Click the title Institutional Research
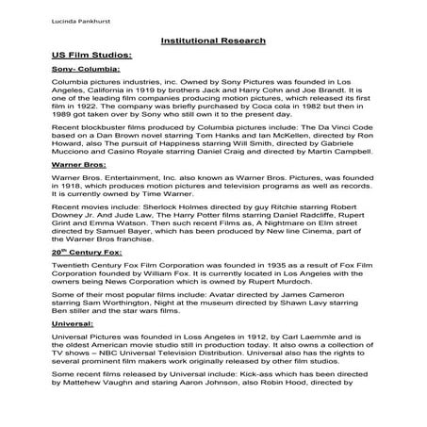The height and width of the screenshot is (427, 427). (213, 41)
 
